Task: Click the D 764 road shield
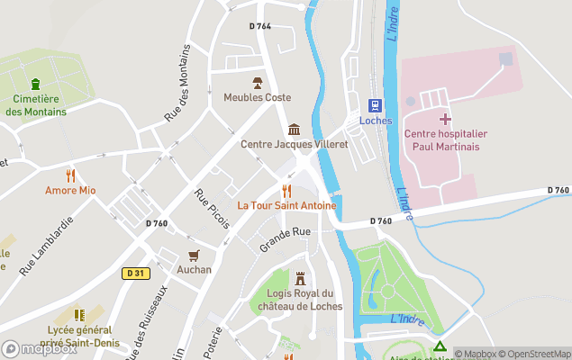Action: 260,26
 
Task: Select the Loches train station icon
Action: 375,104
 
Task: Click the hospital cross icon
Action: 444,119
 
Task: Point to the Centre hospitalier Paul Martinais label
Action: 441,140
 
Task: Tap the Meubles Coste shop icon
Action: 258,82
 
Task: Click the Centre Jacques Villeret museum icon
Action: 294,130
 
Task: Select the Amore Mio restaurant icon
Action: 70,175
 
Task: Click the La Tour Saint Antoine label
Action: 286,205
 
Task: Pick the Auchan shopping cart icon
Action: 194,255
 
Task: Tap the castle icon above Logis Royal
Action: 300,278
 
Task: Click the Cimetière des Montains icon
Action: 35,84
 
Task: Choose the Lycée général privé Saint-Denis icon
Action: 79,315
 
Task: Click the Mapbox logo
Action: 40,349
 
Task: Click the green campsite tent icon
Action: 439,346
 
